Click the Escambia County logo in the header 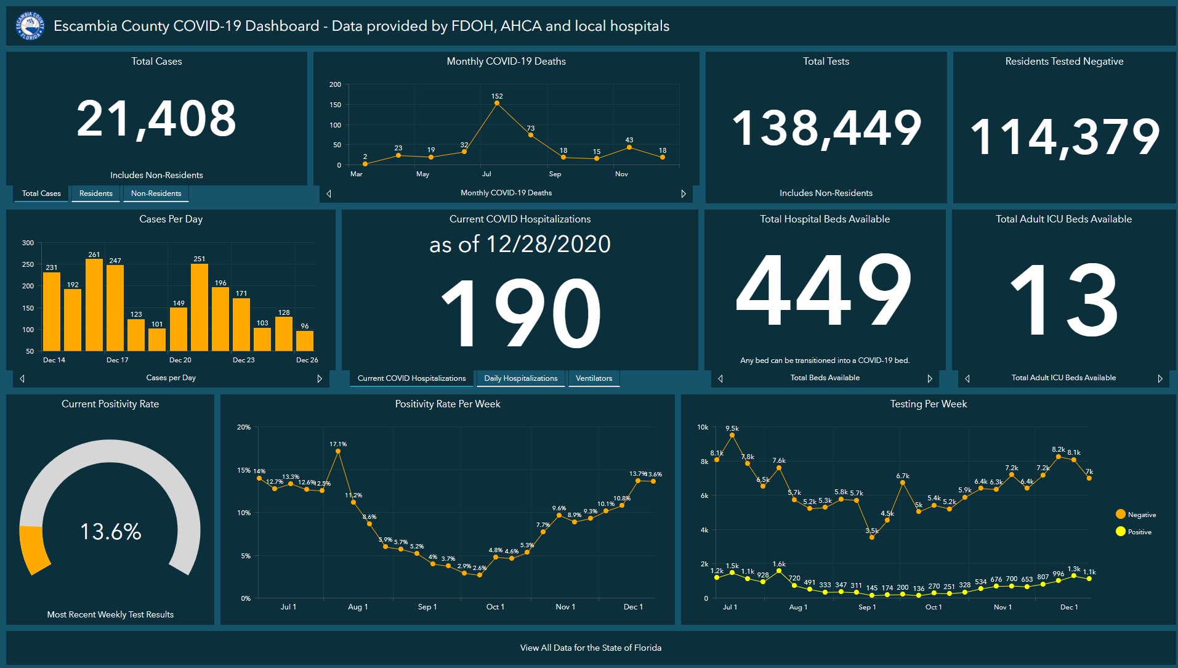point(30,26)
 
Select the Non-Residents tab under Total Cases point(156,193)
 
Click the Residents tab point(96,193)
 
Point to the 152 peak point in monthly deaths point(497,103)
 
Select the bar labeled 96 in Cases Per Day point(305,341)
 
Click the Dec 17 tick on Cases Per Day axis point(117,360)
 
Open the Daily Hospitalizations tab point(520,378)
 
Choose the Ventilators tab point(594,378)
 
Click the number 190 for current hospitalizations point(521,313)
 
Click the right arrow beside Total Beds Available point(930,378)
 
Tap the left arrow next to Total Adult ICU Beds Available point(967,378)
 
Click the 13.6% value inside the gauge point(111,531)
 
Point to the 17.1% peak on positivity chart point(338,451)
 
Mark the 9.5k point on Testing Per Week point(732,435)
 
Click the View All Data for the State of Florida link point(591,648)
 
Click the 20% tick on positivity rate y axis point(244,427)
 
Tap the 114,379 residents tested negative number point(1065,137)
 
